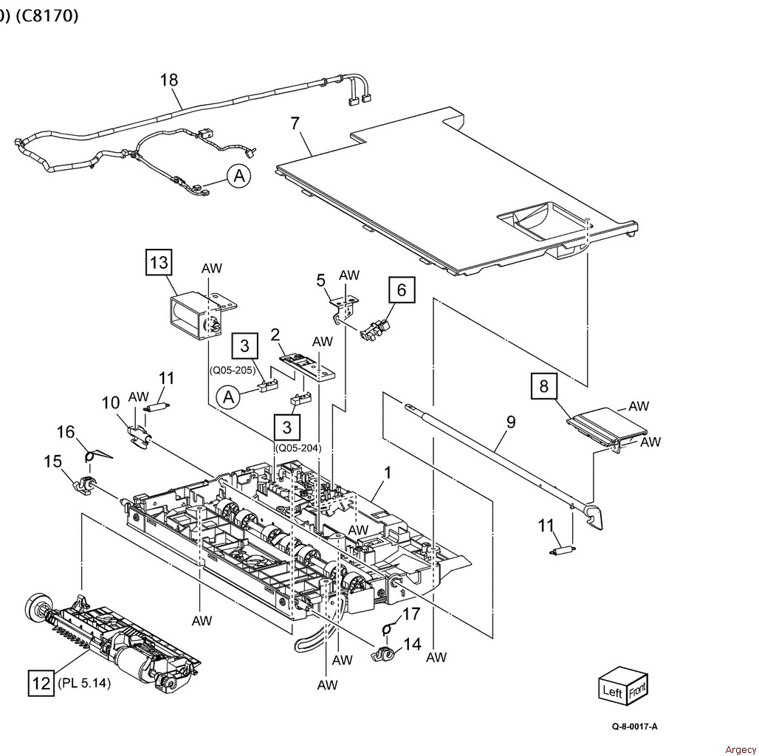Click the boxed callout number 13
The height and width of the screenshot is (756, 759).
point(160,262)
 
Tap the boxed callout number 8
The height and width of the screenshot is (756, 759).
point(543,386)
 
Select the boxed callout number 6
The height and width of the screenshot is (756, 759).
point(401,290)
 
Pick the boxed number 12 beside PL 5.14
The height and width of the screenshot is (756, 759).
point(40,683)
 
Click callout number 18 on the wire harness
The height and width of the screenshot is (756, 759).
point(169,80)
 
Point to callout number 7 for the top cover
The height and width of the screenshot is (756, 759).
point(295,123)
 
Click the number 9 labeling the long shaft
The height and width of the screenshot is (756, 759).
point(510,423)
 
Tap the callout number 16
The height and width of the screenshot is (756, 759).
point(66,432)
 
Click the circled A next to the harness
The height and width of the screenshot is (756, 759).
point(238,176)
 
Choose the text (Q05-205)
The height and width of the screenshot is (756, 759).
point(233,371)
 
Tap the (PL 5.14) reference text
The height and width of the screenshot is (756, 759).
point(83,684)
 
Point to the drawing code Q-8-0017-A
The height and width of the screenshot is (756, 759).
point(634,726)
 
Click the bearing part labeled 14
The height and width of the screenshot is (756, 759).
point(384,653)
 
